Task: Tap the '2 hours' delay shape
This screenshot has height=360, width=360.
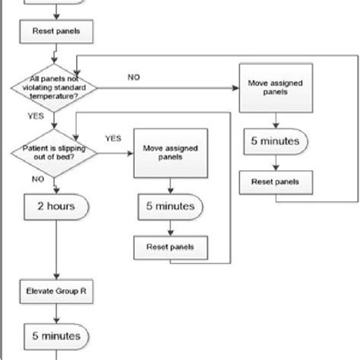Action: pyautogui.click(x=54, y=206)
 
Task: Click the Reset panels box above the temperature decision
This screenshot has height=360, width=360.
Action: pyautogui.click(x=53, y=32)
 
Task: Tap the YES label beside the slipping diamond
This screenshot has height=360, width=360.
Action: pyautogui.click(x=112, y=139)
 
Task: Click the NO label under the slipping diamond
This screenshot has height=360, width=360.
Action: pyautogui.click(x=36, y=178)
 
